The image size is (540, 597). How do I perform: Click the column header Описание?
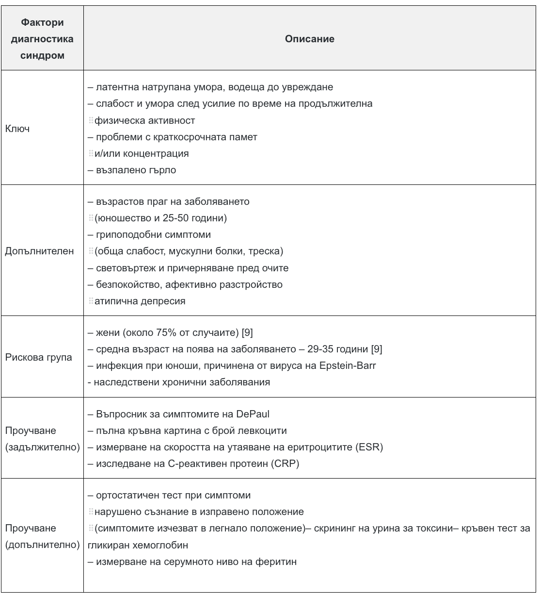(310, 39)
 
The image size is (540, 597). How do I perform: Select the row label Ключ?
(17, 129)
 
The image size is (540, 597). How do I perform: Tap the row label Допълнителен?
(39, 251)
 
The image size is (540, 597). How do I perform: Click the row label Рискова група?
(38, 357)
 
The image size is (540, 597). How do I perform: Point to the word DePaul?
(253, 414)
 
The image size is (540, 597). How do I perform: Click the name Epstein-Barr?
(348, 365)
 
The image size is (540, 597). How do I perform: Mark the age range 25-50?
(175, 218)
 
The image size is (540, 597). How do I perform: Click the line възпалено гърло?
(132, 170)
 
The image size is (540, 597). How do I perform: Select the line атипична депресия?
(140, 301)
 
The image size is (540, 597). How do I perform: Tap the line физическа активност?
(144, 120)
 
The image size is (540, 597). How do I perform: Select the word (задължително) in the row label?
(43, 447)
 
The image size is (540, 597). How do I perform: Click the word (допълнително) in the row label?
(43, 545)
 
